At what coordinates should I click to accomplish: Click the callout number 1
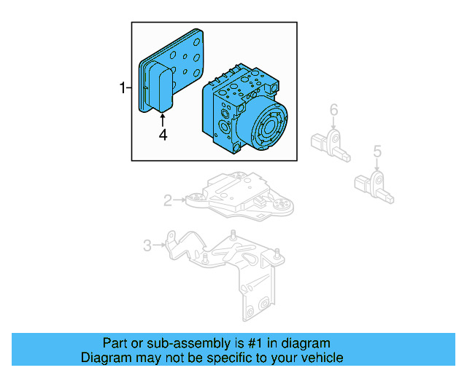click(x=123, y=88)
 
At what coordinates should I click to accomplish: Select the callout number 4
click(x=163, y=134)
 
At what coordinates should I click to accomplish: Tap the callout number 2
click(x=167, y=200)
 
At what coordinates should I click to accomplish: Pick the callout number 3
click(x=147, y=246)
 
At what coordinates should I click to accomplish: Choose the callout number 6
click(x=333, y=110)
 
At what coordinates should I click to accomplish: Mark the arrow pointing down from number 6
click(x=333, y=125)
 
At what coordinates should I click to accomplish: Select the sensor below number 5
click(x=377, y=186)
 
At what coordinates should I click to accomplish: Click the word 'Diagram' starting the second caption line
click(x=104, y=358)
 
